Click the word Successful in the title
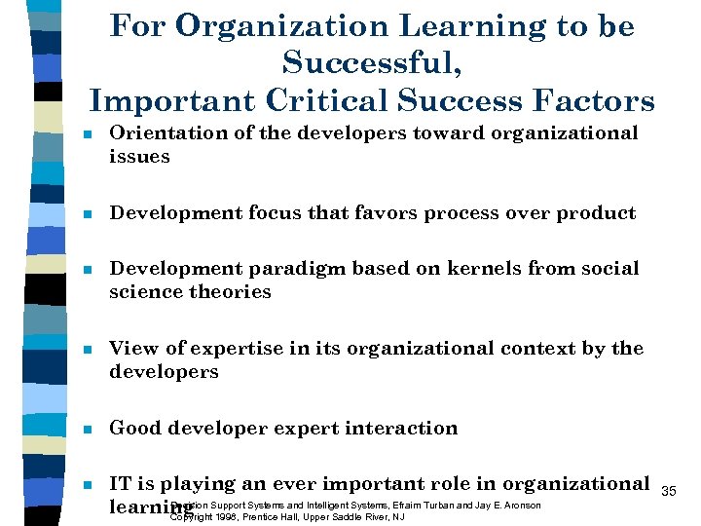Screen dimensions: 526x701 [x=371, y=64]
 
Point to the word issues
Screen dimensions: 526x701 [x=139, y=156]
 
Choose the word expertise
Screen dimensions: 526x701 [x=237, y=349]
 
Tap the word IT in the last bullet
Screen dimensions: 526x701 [x=121, y=483]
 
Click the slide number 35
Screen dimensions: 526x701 [x=669, y=491]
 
